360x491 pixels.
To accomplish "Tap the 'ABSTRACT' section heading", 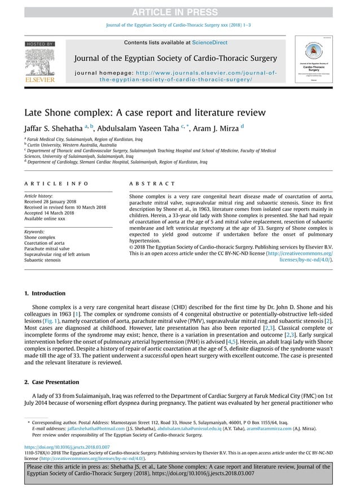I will point(152,184).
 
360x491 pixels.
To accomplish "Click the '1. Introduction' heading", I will point(45,294).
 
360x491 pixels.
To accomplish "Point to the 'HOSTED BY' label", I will point(39,44).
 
